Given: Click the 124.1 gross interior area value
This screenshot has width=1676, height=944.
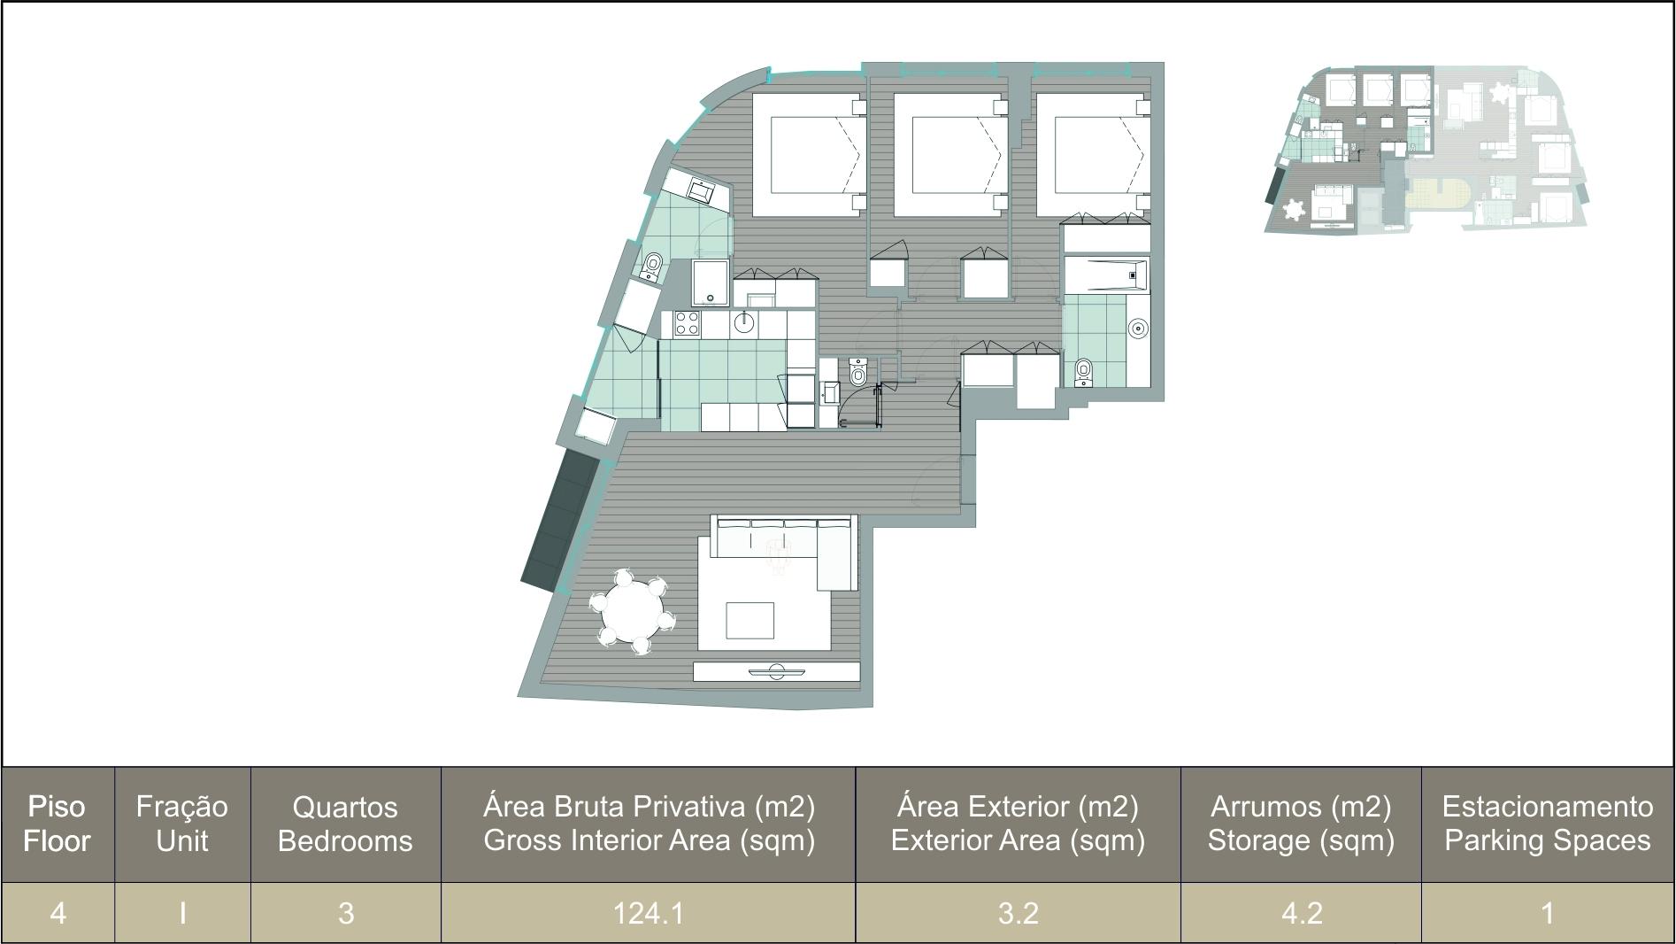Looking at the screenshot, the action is coord(649,913).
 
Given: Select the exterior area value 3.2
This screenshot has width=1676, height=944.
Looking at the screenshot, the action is coord(1018,913).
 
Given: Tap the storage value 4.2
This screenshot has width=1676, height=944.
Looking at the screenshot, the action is coord(1302,913).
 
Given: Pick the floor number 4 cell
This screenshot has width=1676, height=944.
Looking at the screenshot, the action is coord(58,913).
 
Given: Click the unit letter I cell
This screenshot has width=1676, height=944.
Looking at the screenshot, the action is coord(182,913).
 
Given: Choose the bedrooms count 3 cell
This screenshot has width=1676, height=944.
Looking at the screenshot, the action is coord(346,913).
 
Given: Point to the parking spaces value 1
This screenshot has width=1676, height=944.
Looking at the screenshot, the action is coord(1548,913).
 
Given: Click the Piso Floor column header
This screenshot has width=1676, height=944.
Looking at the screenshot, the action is coord(58,824).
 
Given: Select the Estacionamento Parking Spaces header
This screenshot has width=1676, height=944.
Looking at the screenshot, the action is coord(1548,824).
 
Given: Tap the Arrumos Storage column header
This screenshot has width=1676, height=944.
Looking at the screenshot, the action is coord(1301,824).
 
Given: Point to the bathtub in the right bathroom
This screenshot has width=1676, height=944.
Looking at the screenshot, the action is coord(1106,275).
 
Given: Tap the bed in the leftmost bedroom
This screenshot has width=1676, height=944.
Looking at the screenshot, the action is coord(808,155).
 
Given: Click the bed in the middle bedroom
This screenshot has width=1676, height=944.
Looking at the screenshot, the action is coord(950,155).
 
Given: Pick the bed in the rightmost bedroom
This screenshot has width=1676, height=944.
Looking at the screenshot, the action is coord(1093,155).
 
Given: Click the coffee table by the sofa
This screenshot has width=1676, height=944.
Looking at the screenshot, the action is coord(750,620).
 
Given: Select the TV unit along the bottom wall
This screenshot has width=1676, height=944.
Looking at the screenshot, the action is coord(776,671).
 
